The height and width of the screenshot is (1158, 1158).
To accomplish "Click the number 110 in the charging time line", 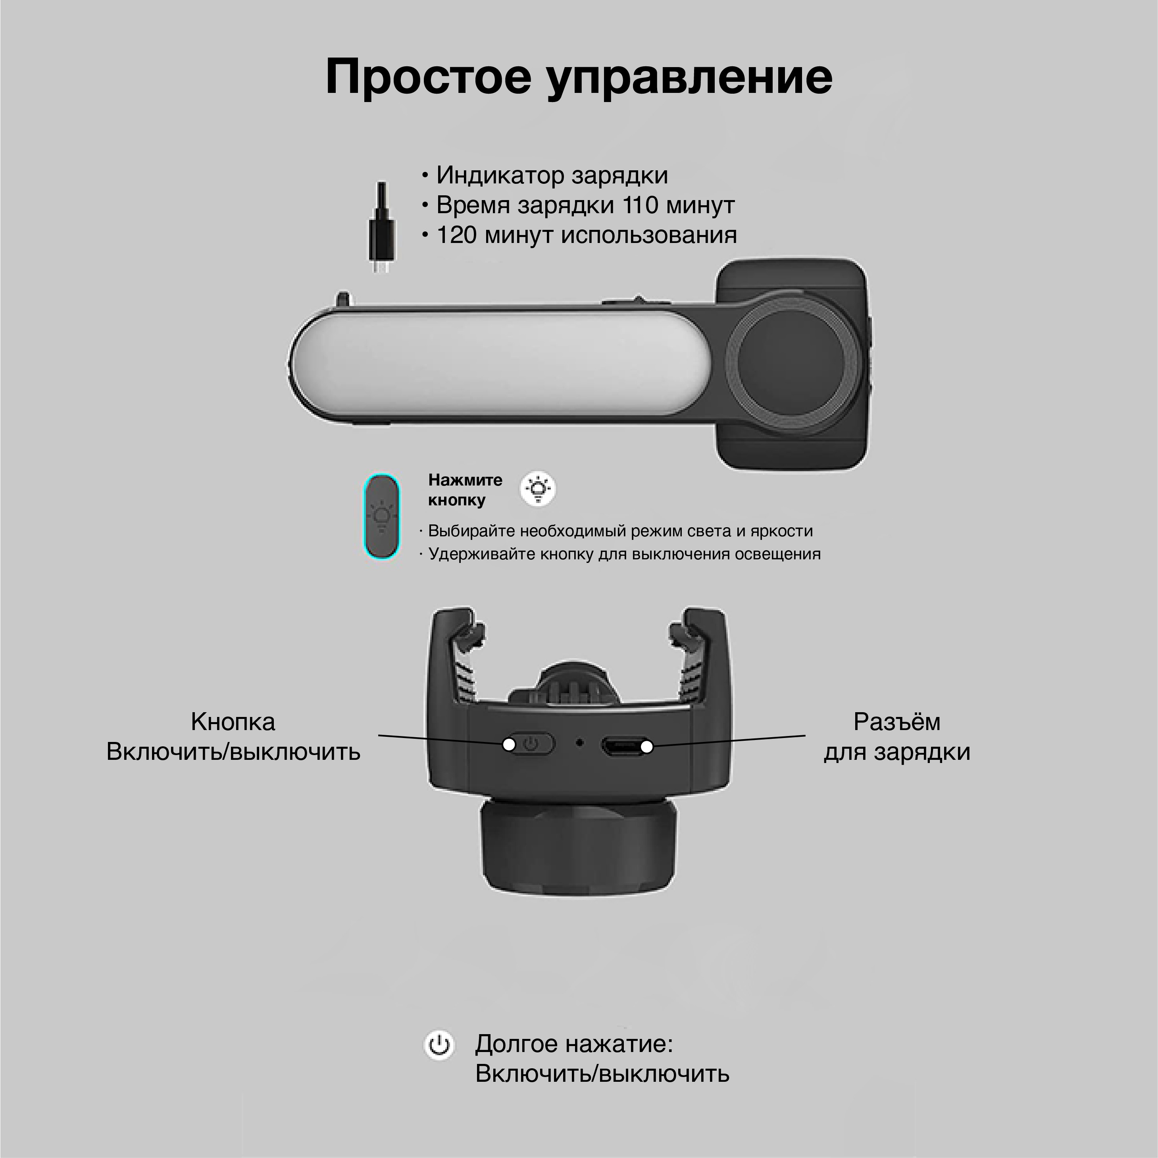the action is tap(641, 205).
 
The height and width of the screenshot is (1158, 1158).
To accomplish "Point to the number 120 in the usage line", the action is tap(456, 235).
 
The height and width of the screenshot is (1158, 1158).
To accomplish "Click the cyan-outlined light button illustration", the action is tap(382, 516).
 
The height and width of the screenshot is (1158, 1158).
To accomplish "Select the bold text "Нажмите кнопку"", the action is tap(465, 489).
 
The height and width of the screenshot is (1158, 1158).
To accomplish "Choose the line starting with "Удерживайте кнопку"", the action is tap(620, 554).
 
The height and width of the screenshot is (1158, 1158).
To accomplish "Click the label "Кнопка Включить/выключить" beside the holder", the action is tap(233, 736).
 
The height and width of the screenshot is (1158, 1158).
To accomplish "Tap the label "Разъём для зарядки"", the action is tap(896, 736).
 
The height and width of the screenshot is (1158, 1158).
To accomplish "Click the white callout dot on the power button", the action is tap(509, 745).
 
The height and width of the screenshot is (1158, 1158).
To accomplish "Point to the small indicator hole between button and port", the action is tap(579, 742).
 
